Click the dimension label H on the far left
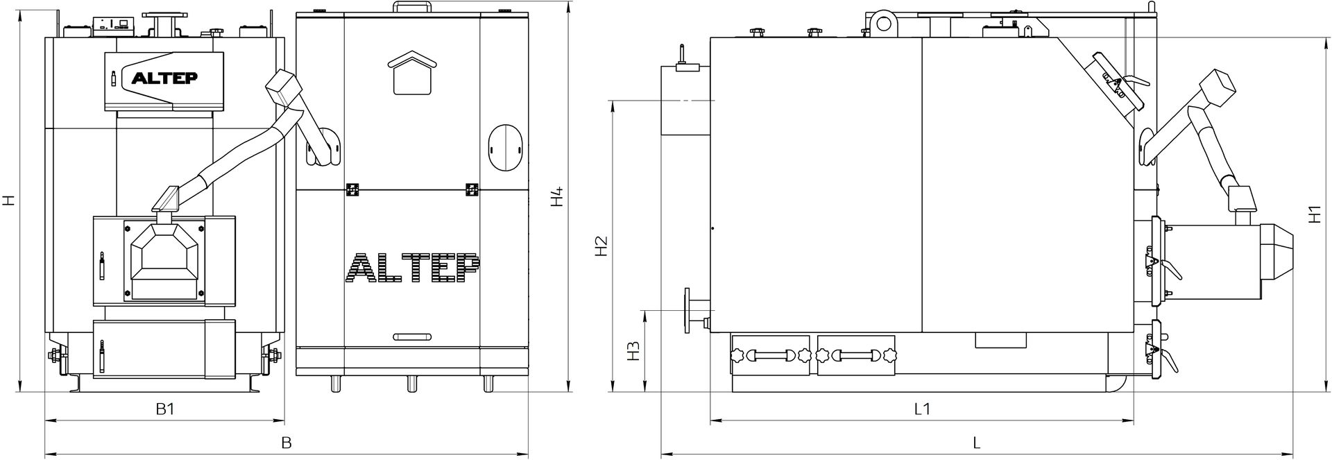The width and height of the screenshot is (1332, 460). tap(8, 201)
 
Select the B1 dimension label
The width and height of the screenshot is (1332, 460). tap(165, 409)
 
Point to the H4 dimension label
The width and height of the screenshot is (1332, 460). tap(556, 197)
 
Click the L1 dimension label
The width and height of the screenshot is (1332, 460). tap(921, 409)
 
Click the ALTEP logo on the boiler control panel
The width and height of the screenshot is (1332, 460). tap(164, 78)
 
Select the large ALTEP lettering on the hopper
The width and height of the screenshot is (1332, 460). tap(412, 269)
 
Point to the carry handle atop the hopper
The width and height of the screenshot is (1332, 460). tap(413, 7)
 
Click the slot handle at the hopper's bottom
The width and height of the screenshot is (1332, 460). tap(413, 337)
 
